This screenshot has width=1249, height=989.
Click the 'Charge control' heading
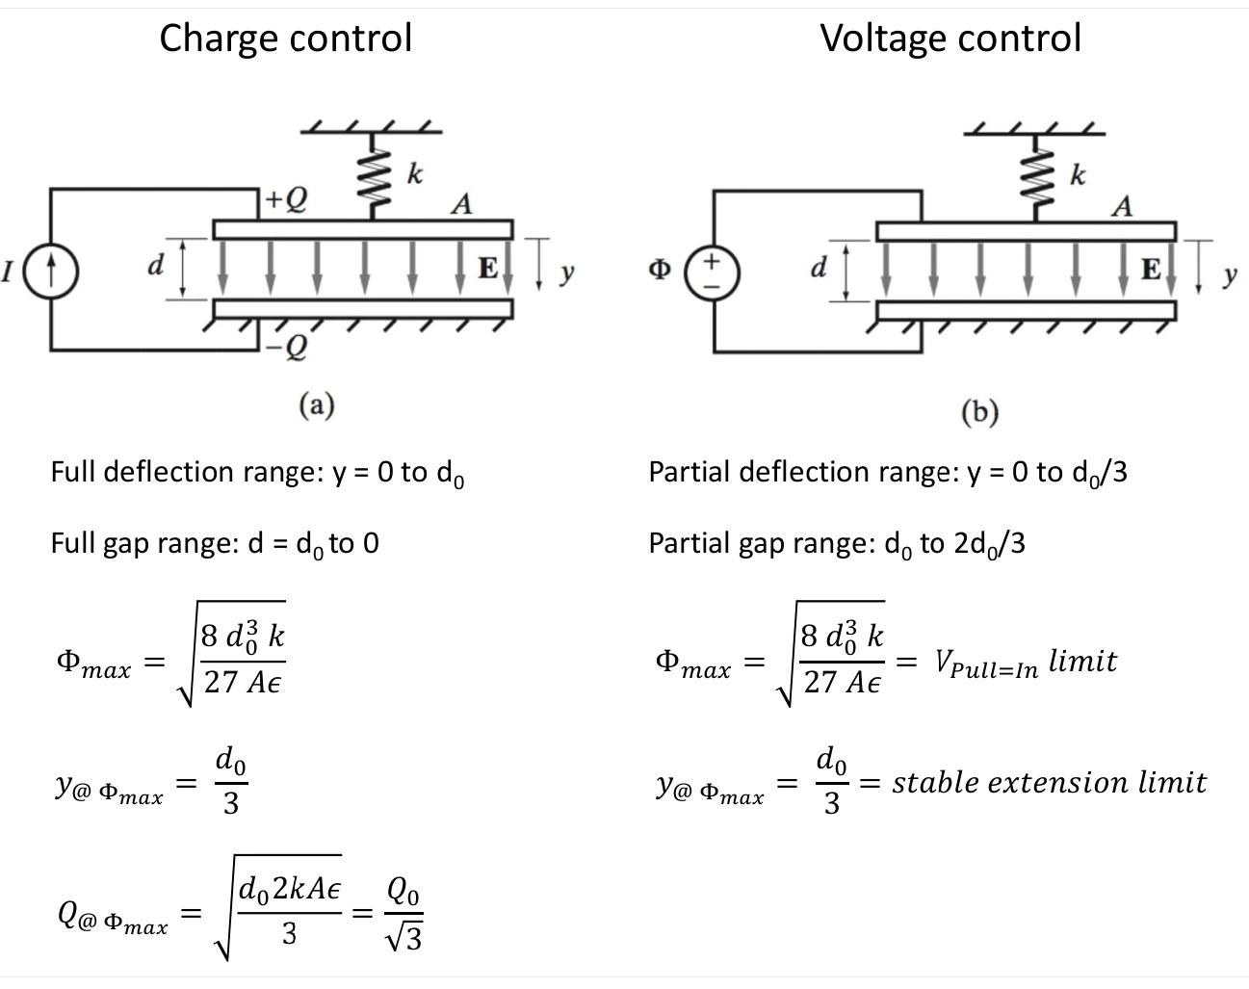pyautogui.click(x=285, y=39)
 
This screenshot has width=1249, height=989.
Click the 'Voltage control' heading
pyautogui.click(x=950, y=39)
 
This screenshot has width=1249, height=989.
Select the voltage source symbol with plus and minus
pyautogui.click(x=713, y=272)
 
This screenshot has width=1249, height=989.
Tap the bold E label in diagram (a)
pyautogui.click(x=488, y=268)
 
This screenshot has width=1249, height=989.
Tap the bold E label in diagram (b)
pyautogui.click(x=1151, y=270)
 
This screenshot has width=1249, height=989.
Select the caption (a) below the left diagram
pyautogui.click(x=316, y=404)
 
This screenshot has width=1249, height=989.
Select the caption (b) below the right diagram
pyautogui.click(x=980, y=411)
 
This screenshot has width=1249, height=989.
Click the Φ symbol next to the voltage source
pyautogui.click(x=659, y=271)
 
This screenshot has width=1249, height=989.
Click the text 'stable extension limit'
pyautogui.click(x=1049, y=782)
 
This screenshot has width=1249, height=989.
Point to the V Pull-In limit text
pyautogui.click(x=1025, y=663)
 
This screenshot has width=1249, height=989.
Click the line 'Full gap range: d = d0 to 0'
pyautogui.click(x=215, y=544)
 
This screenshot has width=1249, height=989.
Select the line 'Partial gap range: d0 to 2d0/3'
pyautogui.click(x=837, y=544)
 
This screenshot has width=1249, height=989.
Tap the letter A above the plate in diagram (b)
pyautogui.click(x=1122, y=206)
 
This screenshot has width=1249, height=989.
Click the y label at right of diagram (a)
pyautogui.click(x=567, y=273)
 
